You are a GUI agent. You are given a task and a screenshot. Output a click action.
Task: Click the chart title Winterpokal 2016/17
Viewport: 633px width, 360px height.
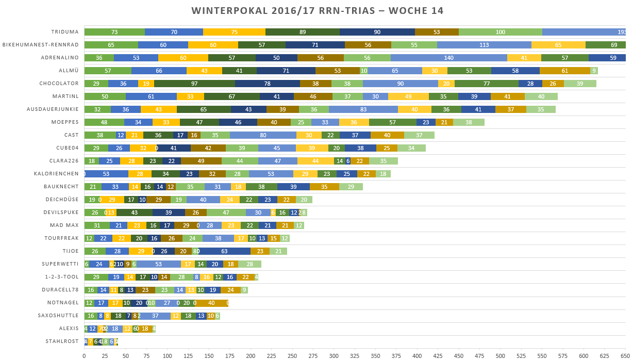coord(317,11)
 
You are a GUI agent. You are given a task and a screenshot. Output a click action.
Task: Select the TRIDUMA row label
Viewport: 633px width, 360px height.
coord(65,32)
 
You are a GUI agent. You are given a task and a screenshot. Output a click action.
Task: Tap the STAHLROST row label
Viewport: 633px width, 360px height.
coord(62,341)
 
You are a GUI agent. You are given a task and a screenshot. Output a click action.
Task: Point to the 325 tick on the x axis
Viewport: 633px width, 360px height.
coord(167,355)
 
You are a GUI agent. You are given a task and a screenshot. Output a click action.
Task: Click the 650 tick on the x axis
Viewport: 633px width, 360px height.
coord(625,355)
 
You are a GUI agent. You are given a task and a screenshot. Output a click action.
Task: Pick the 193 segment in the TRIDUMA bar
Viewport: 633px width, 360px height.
coord(584,32)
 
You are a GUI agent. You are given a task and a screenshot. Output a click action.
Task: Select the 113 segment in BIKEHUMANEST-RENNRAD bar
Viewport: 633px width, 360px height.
coord(484,45)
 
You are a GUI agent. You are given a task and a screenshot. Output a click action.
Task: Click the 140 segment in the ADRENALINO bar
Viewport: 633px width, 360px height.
coord(448,58)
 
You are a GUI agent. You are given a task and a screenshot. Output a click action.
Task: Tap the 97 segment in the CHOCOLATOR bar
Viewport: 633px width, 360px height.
coord(194,84)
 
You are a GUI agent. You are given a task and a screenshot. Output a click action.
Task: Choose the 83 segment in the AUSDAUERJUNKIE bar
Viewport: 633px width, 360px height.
coord(363,109)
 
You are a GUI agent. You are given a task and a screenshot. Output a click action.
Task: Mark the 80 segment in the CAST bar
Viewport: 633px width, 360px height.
coord(263,135)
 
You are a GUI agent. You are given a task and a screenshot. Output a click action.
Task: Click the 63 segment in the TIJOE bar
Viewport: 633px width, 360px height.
coord(224,251)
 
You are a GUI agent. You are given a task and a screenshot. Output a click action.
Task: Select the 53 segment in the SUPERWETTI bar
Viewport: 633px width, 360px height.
coord(158,264)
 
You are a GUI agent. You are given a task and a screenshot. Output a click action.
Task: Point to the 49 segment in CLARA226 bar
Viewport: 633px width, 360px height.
coord(201,161)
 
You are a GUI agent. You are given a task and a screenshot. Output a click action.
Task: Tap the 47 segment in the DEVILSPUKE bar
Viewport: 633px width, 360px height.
coord(226,212)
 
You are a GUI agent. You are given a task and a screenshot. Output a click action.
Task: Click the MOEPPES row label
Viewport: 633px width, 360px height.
coord(65,122)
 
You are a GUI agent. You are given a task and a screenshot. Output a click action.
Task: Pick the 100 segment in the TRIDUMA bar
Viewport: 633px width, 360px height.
coord(500,32)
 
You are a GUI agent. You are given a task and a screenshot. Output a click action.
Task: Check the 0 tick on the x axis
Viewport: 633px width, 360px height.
coord(84,355)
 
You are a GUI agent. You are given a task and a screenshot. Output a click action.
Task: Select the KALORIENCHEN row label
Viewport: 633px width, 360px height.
coord(56,174)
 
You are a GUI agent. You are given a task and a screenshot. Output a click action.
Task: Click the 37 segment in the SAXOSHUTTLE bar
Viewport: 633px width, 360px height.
coord(155,316)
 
